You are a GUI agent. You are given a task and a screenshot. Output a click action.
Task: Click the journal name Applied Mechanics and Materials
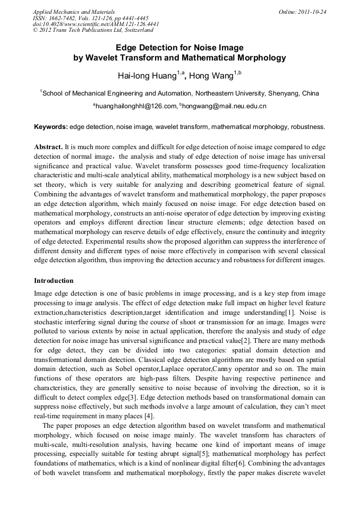click(74, 12)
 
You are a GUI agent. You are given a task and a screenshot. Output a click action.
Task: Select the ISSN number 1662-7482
click(64, 18)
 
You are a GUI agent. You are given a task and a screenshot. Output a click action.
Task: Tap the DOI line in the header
click(96, 24)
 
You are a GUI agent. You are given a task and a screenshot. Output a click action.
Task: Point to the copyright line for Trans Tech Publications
click(93, 30)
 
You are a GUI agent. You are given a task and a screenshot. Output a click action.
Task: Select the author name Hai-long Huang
click(147, 76)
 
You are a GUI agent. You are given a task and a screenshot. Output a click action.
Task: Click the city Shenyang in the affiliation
click(285, 93)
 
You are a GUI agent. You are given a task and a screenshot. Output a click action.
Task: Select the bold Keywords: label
click(51, 127)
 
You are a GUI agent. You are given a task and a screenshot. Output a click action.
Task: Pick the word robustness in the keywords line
click(307, 127)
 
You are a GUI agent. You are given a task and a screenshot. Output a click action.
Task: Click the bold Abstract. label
click(48, 146)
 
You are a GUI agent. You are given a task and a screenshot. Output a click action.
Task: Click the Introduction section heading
click(54, 280)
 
